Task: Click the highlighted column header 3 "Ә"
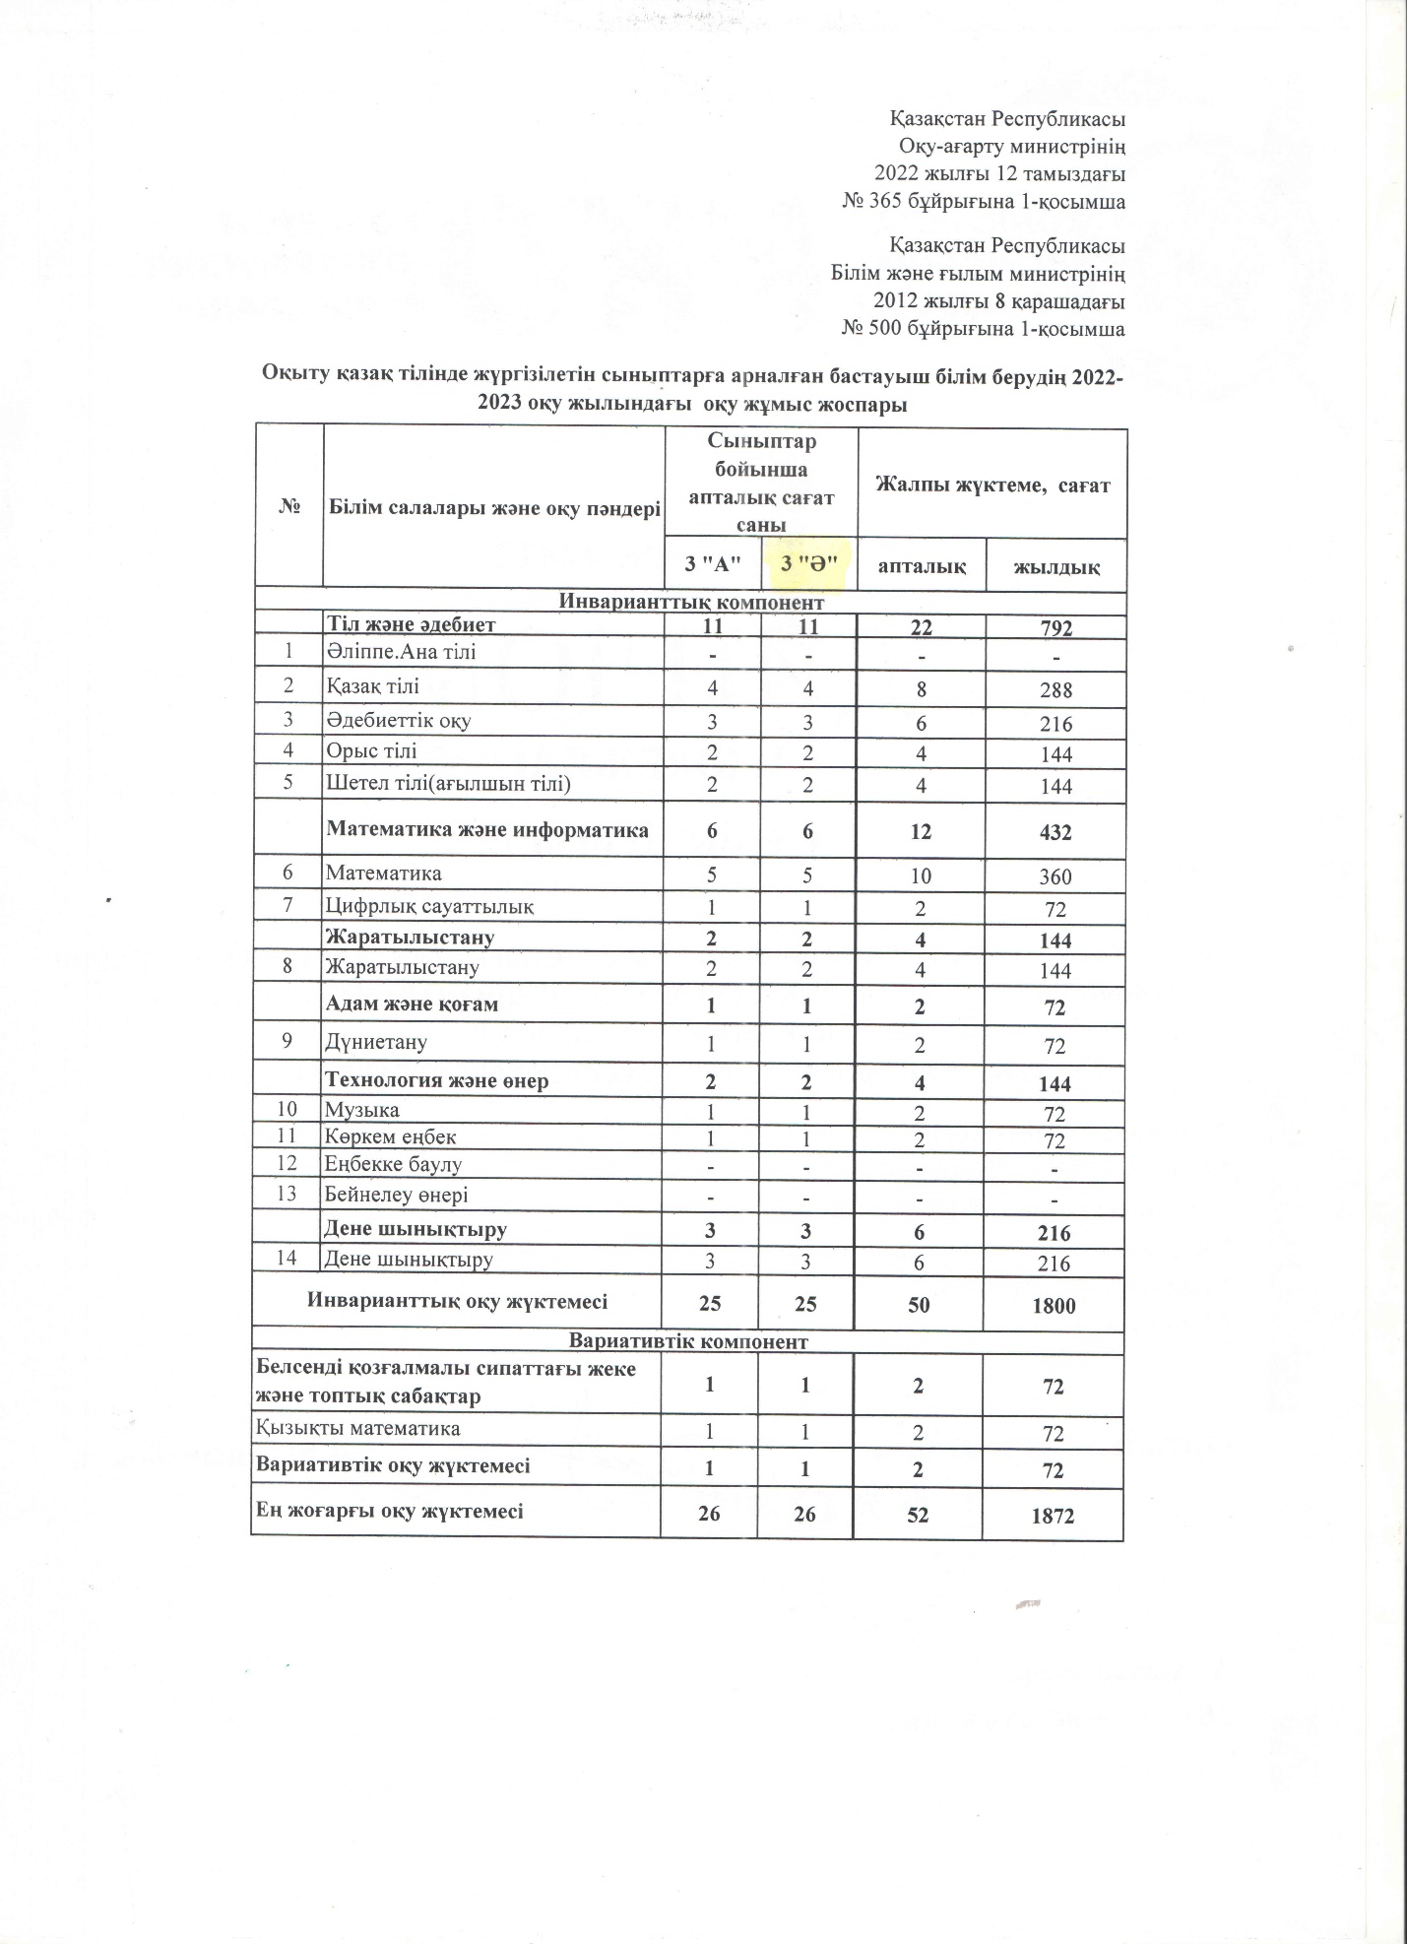(808, 565)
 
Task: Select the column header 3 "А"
(712, 565)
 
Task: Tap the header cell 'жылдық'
(1055, 567)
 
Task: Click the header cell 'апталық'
(922, 566)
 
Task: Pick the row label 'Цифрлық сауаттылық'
(430, 906)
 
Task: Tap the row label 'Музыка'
(362, 1111)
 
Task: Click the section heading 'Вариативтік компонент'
(689, 1342)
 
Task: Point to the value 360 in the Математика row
(1055, 876)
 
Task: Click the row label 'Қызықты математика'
(357, 1428)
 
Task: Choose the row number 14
(288, 1258)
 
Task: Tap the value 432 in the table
(1055, 832)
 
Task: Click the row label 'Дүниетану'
(376, 1042)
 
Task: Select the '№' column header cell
(289, 507)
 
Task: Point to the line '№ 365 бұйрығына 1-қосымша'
(984, 202)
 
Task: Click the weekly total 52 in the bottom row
(918, 1515)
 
